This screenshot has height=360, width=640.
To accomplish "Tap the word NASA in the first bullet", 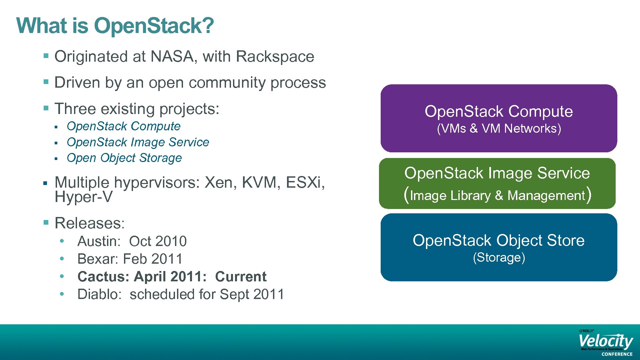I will [x=172, y=56].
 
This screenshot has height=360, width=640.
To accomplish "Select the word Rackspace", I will [x=275, y=56].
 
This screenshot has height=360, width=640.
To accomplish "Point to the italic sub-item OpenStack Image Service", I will [x=138, y=142].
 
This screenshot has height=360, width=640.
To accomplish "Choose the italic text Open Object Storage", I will [x=124, y=158].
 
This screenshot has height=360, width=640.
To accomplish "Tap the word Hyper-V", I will [x=84, y=197].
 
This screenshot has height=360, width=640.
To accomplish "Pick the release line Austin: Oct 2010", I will [x=132, y=241].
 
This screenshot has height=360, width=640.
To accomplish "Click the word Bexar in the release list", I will [x=97, y=259].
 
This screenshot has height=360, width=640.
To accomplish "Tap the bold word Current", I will [x=241, y=277].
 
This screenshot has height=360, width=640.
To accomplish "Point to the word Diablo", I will [x=99, y=294].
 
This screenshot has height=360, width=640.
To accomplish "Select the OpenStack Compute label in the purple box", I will [x=499, y=111].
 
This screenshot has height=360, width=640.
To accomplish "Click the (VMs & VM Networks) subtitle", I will [x=499, y=128].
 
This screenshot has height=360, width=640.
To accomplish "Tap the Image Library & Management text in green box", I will [x=497, y=196].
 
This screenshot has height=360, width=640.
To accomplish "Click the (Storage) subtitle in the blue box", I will [x=499, y=258].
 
